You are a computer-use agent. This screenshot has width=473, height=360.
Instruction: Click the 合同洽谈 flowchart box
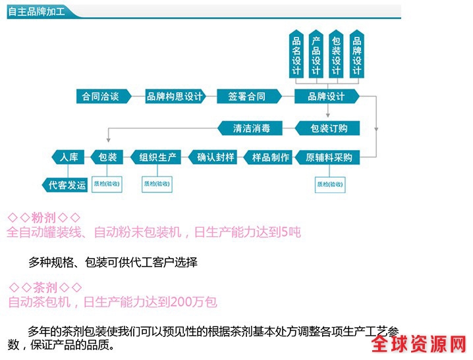click(x=101, y=97)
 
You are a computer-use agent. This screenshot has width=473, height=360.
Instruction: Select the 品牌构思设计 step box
click(x=174, y=97)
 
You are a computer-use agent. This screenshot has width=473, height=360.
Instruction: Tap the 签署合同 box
click(x=247, y=97)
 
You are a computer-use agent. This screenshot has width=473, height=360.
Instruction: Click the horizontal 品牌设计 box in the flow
click(x=326, y=97)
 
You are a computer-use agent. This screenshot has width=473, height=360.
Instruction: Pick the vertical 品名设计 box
click(x=296, y=55)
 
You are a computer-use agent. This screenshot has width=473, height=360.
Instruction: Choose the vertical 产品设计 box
click(x=316, y=55)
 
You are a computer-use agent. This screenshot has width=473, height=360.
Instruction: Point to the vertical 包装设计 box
click(x=336, y=55)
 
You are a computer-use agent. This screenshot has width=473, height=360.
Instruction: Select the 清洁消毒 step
click(x=251, y=128)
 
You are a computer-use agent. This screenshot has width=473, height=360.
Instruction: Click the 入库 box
click(x=69, y=157)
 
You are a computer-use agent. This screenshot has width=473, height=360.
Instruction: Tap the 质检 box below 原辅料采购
click(x=330, y=185)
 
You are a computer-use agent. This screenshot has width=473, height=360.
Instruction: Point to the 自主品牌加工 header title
click(x=36, y=13)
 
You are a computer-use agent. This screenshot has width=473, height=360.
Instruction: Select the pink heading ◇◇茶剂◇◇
click(x=45, y=288)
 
